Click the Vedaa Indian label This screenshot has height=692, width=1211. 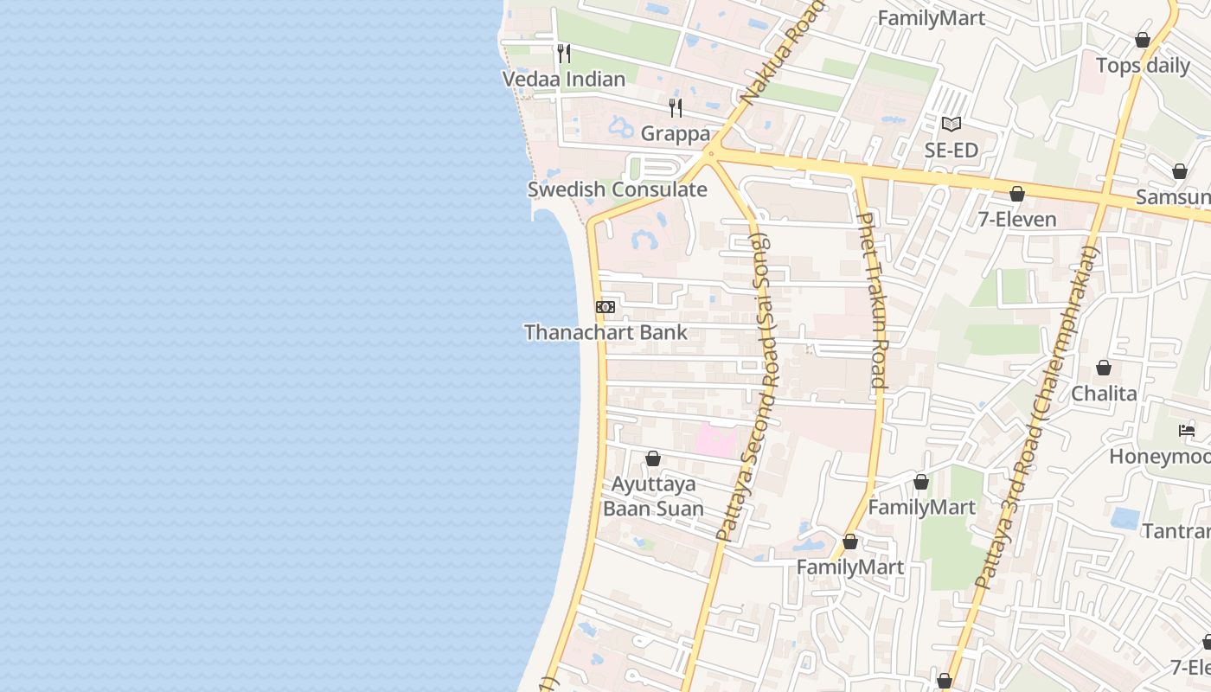pyautogui.click(x=564, y=80)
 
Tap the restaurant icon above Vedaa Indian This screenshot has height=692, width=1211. pyautogui.click(x=564, y=54)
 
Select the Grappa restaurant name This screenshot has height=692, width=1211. pyautogui.click(x=676, y=134)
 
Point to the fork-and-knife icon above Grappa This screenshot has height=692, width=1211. pyautogui.click(x=676, y=108)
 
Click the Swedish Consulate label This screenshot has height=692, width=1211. pyautogui.click(x=618, y=190)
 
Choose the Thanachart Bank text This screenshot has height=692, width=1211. pyautogui.click(x=605, y=332)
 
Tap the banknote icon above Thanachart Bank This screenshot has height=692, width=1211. pyautogui.click(x=605, y=307)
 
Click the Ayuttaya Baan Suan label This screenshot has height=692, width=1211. pyautogui.click(x=653, y=496)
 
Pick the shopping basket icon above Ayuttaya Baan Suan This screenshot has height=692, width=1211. pyautogui.click(x=653, y=458)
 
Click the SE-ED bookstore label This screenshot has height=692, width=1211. pyautogui.click(x=951, y=151)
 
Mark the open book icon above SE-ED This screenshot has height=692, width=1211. pyautogui.click(x=951, y=125)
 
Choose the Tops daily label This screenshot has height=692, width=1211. pyautogui.click(x=1143, y=66)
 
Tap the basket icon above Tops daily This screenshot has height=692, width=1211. pyautogui.click(x=1143, y=40)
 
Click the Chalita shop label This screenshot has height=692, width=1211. pyautogui.click(x=1104, y=394)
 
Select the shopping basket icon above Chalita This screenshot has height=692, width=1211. pyautogui.click(x=1104, y=368)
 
